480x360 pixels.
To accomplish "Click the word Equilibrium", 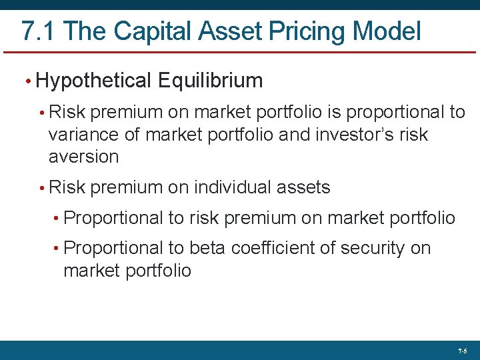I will pyautogui.click(x=211, y=81).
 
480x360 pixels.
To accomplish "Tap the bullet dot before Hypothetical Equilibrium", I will pyautogui.click(x=27, y=82).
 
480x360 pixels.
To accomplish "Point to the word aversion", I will pyautogui.click(x=83, y=157).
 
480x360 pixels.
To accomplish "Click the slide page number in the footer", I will pyautogui.click(x=463, y=351).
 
